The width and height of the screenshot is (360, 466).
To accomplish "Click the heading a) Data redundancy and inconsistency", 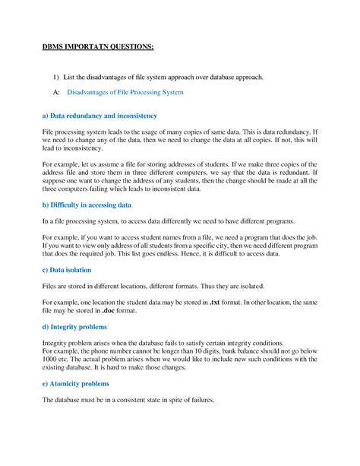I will pyautogui.click(x=99, y=116).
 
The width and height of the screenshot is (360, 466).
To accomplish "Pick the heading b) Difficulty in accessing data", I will pyautogui.click(x=87, y=205).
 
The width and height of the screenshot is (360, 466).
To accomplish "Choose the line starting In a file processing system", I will pyautogui.click(x=167, y=220).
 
